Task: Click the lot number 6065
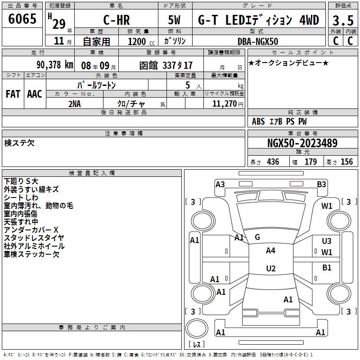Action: (22, 18)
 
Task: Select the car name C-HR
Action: (117, 20)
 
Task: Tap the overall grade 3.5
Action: (343, 20)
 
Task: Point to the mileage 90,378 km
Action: (54, 65)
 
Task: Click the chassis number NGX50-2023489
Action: (302, 143)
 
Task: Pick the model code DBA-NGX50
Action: (258, 41)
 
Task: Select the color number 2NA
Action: (75, 104)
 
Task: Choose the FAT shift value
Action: (13, 94)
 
